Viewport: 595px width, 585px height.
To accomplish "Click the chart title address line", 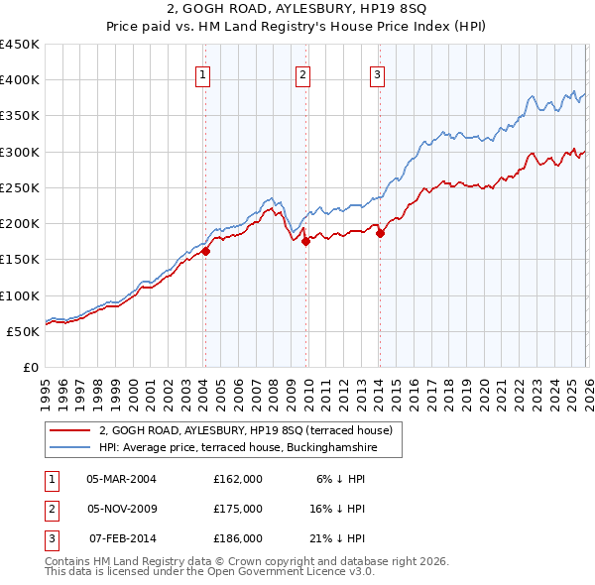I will (297, 10).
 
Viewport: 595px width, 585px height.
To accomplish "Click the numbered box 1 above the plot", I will (202, 72).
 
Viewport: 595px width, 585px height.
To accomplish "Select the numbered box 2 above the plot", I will (302, 72).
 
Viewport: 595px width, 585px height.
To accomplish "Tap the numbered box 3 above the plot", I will (378, 72).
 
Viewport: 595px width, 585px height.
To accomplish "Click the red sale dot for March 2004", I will (206, 252).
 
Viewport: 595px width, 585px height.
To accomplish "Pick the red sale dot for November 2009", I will (305, 241).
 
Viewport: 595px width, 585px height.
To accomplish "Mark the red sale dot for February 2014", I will (380, 234).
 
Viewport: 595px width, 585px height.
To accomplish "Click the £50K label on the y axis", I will (24, 331).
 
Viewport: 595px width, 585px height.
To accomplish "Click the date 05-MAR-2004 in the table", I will (121, 478).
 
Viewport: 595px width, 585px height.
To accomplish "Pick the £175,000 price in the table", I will (238, 509).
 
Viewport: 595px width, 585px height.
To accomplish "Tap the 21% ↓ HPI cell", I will (336, 538).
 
